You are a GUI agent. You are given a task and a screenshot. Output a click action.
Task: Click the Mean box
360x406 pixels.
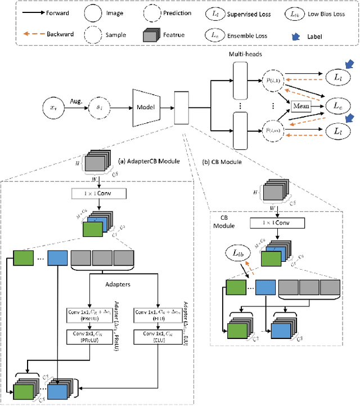pos(301,105)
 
